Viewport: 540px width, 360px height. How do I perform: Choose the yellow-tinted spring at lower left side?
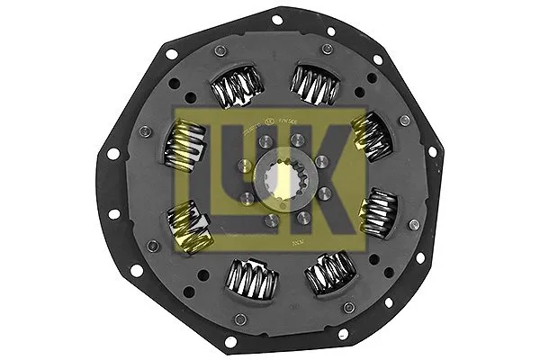[190, 229]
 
